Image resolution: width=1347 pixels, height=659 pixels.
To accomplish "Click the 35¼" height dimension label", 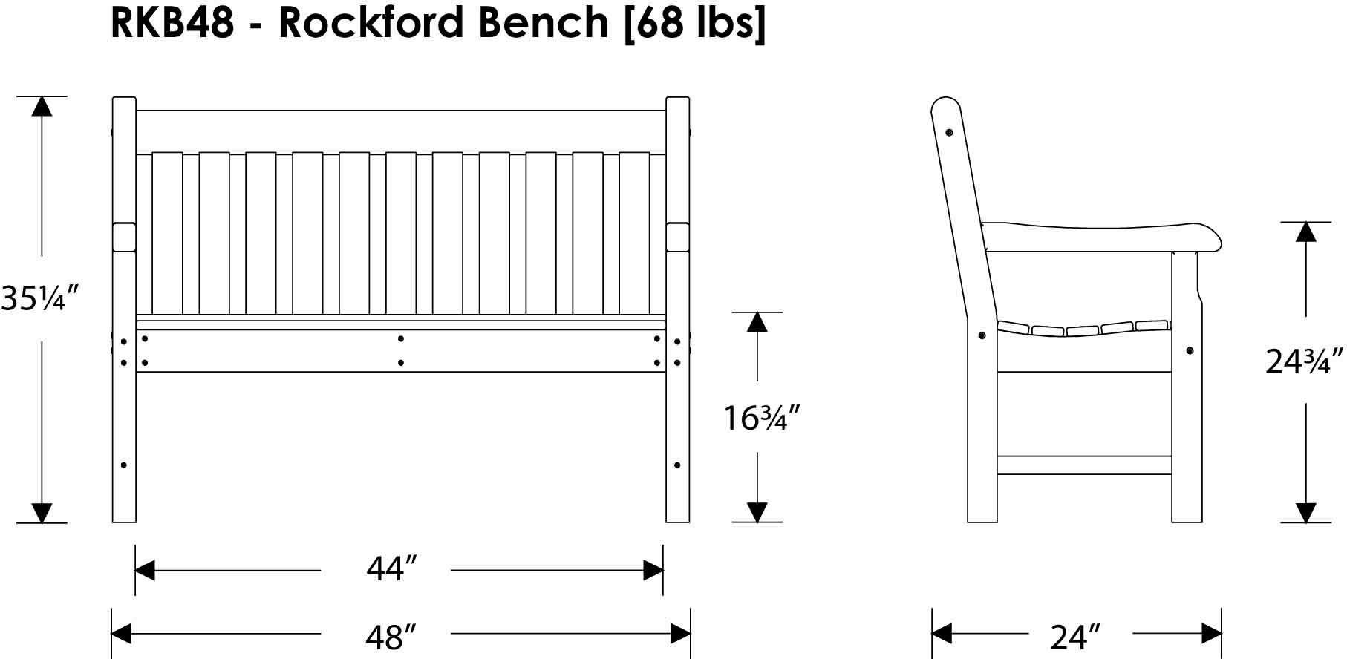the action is (x=39, y=298).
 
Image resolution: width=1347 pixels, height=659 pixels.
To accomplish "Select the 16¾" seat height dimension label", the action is (x=761, y=418).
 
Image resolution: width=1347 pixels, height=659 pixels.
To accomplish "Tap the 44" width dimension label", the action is (x=390, y=569).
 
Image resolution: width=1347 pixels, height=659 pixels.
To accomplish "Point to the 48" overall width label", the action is (x=390, y=635).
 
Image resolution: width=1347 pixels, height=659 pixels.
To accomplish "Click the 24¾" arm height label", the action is (x=1305, y=361).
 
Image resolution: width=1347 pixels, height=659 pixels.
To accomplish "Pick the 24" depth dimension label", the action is (x=1074, y=636).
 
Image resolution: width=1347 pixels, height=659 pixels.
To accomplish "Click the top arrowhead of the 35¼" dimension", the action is (x=42, y=106).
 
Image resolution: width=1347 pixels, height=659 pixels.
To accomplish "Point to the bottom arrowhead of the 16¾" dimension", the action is (x=757, y=512).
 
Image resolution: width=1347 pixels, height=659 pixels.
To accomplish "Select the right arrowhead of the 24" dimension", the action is (x=1211, y=634).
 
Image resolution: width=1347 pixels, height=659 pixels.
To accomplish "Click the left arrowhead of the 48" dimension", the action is (x=122, y=634).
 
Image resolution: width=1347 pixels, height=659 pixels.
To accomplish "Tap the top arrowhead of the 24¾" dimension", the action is (x=1305, y=232).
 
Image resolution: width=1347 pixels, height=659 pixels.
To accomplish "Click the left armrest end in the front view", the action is (x=124, y=237).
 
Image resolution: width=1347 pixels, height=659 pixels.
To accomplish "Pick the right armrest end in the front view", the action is (x=678, y=237).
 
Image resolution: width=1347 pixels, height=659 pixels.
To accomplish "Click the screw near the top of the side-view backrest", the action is (x=949, y=132).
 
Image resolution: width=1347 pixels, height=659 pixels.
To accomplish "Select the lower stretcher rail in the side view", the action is (x=1085, y=465).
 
